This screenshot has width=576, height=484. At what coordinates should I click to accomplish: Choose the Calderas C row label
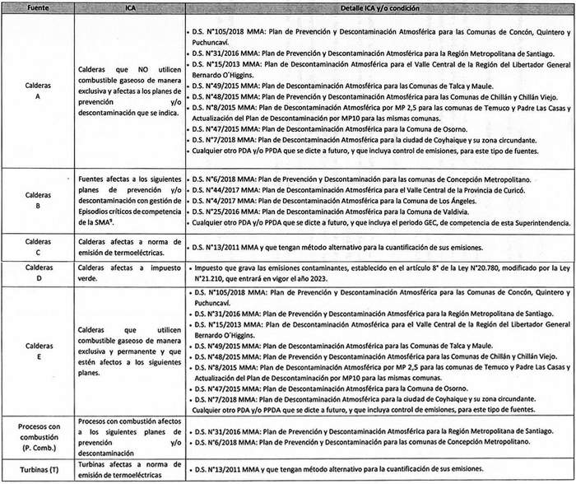[34, 247]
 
